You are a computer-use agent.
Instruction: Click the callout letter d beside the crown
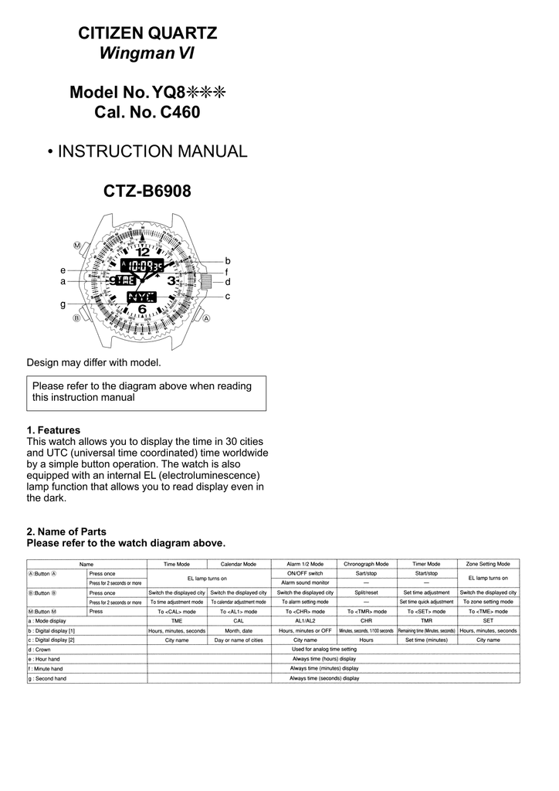228,283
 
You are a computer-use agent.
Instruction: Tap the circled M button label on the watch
77,245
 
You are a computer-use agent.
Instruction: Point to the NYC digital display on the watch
141,297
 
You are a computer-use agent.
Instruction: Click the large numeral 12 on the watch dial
143,252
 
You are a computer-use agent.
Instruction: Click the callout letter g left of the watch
63,305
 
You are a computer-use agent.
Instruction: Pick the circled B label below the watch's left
76,318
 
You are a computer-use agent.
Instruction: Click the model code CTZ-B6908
147,191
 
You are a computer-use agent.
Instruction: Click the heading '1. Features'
53,429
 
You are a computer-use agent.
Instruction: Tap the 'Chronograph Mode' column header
366,564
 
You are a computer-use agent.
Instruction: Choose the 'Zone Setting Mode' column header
488,564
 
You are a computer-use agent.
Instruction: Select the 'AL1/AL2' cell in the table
305,620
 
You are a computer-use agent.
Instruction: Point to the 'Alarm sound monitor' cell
305,582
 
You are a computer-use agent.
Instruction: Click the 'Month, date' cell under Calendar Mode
238,630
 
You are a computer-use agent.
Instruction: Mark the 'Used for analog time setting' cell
324,650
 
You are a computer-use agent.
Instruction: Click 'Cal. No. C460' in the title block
147,113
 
